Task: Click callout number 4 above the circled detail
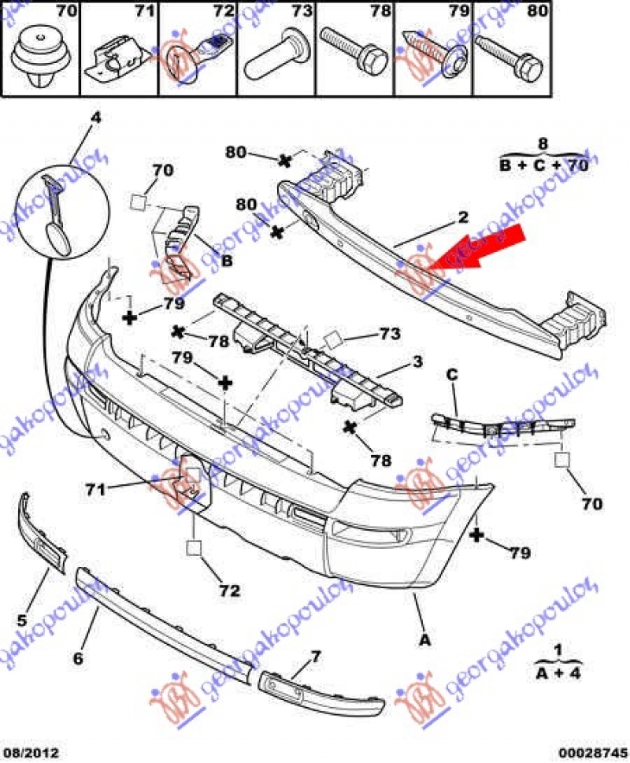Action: [95, 119]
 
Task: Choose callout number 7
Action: [316, 656]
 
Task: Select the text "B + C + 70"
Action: [543, 165]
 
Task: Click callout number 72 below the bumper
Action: [229, 590]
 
